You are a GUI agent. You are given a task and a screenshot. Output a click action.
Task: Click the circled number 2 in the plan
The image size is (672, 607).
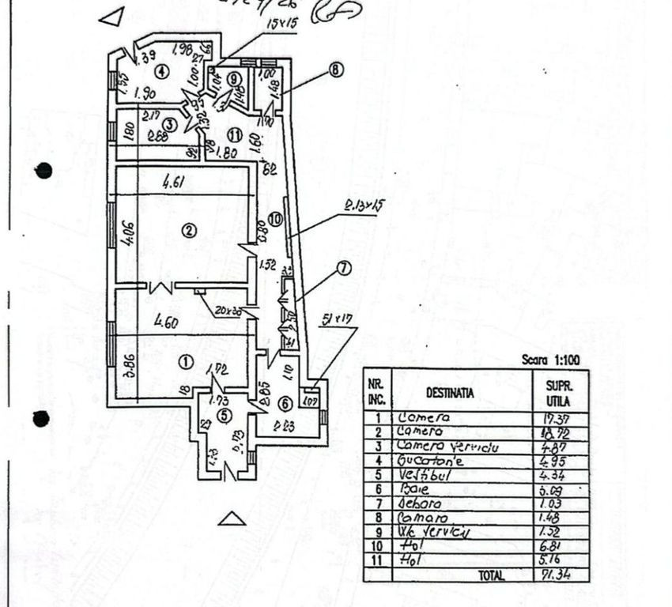pyautogui.click(x=188, y=231)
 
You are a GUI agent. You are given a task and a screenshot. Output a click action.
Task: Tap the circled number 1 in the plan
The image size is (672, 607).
pyautogui.click(x=185, y=362)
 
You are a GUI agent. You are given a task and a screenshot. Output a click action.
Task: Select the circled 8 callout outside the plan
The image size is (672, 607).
pyautogui.click(x=336, y=70)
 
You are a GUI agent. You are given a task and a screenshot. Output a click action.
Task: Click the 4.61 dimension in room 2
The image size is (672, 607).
pyautogui.click(x=174, y=183)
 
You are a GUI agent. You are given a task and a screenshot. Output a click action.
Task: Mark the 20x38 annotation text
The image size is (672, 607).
pyautogui.click(x=228, y=311)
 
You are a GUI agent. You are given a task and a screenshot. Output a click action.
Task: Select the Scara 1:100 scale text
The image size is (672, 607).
pyautogui.click(x=552, y=360)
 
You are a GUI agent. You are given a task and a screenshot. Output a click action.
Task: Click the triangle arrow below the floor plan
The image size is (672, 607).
pyautogui.click(x=231, y=518)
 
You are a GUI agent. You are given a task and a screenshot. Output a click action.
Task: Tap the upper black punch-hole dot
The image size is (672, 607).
pyautogui.click(x=44, y=171)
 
